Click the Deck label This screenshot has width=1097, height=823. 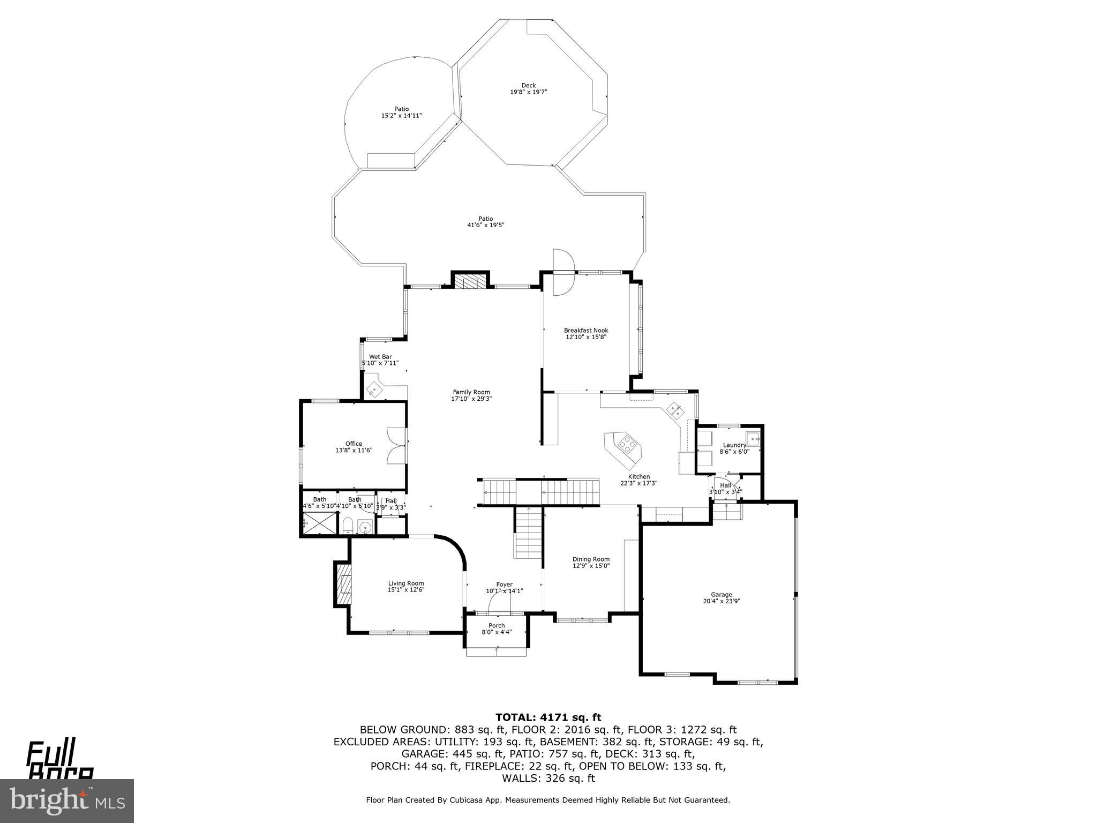pos(528,86)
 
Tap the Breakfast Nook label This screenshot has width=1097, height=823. pos(586,331)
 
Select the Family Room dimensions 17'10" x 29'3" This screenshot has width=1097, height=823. pos(471,399)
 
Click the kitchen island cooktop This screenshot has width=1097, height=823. pos(626,444)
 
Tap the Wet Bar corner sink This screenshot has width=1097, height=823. pos(373,389)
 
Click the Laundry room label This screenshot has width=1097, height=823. pos(734,445)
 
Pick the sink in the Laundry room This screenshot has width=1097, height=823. pos(753,439)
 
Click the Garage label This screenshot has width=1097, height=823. pos(721,595)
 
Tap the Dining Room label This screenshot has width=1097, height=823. pos(591,559)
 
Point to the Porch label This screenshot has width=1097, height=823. pos(497,626)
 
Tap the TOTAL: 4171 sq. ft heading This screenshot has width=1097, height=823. pos(548,717)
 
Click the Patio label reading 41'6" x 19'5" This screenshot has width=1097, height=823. pos(485,222)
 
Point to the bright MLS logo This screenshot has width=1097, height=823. pos(66,800)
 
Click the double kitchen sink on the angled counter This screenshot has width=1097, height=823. pos(674,410)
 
